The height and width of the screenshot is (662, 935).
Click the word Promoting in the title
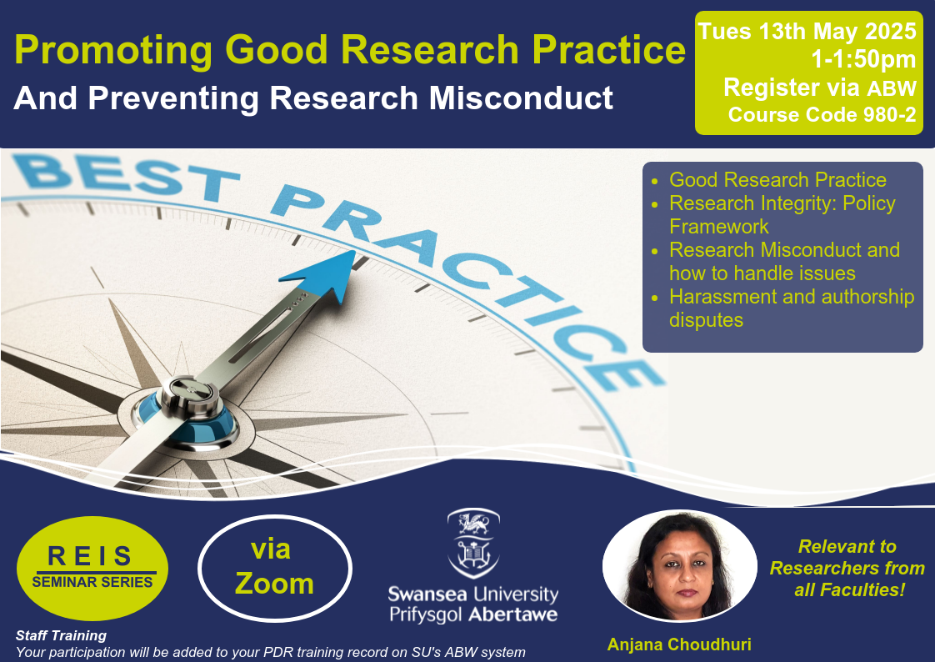click(113, 50)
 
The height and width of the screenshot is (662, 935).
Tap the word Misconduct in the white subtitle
click(521, 98)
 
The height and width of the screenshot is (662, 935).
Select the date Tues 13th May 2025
click(807, 31)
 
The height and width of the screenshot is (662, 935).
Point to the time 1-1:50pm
click(863, 59)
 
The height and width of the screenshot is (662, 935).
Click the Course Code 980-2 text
click(822, 114)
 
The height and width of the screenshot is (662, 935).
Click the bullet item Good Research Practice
click(777, 179)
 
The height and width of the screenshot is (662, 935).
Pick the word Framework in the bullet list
click(718, 227)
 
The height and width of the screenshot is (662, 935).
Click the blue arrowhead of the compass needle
click(322, 275)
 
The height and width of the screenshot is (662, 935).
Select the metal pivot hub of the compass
click(187, 397)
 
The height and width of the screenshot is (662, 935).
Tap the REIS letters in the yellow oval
click(89, 556)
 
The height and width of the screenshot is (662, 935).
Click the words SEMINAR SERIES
click(92, 582)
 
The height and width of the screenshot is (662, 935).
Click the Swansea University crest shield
click(473, 544)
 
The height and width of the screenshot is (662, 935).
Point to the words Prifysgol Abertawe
click(473, 614)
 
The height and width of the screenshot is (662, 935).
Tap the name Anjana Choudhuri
click(679, 644)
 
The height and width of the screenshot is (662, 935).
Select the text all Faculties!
click(849, 589)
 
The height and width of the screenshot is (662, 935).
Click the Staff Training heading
click(61, 636)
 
